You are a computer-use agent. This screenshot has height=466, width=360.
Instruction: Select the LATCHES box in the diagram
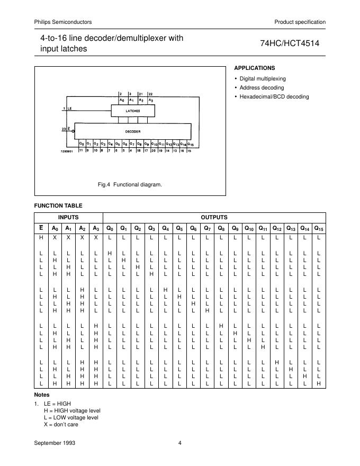132,111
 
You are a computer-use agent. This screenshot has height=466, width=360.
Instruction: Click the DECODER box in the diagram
133,130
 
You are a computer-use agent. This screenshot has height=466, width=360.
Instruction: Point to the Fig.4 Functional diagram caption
130,185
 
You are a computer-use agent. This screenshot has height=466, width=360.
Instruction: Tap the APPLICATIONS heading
254,68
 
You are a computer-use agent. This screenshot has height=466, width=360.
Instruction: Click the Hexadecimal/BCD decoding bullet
274,97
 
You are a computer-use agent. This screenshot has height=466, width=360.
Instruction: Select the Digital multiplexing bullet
263,78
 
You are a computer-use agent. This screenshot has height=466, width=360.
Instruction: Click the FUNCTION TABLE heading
58,205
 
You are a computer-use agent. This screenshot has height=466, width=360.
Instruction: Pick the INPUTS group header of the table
68,217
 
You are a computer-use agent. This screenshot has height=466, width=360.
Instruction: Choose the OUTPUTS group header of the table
214,217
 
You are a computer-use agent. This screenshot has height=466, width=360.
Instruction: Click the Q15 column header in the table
319,228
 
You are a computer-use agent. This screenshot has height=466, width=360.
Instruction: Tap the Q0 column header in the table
110,228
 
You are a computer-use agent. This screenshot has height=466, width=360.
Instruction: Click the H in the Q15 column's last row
319,382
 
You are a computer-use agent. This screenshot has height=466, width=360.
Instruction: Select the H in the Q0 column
110,253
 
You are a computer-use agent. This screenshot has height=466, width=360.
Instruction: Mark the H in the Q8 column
221,325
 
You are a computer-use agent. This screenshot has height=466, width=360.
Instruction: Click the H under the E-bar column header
41,238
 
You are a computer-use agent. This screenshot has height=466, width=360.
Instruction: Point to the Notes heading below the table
42,395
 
